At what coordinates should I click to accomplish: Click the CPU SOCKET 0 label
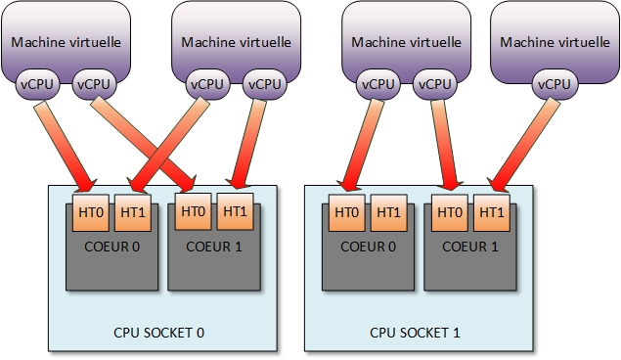[x=159, y=333]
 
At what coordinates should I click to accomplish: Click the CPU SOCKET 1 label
[x=415, y=333]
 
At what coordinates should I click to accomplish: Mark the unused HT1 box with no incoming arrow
[x=388, y=212]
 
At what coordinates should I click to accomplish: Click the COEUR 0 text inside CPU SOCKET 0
[x=111, y=246]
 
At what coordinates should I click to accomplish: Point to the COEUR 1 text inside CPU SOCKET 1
[x=470, y=246]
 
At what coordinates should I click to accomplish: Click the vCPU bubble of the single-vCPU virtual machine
[x=553, y=85]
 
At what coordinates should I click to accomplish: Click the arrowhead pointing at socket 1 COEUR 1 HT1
[x=497, y=183]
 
